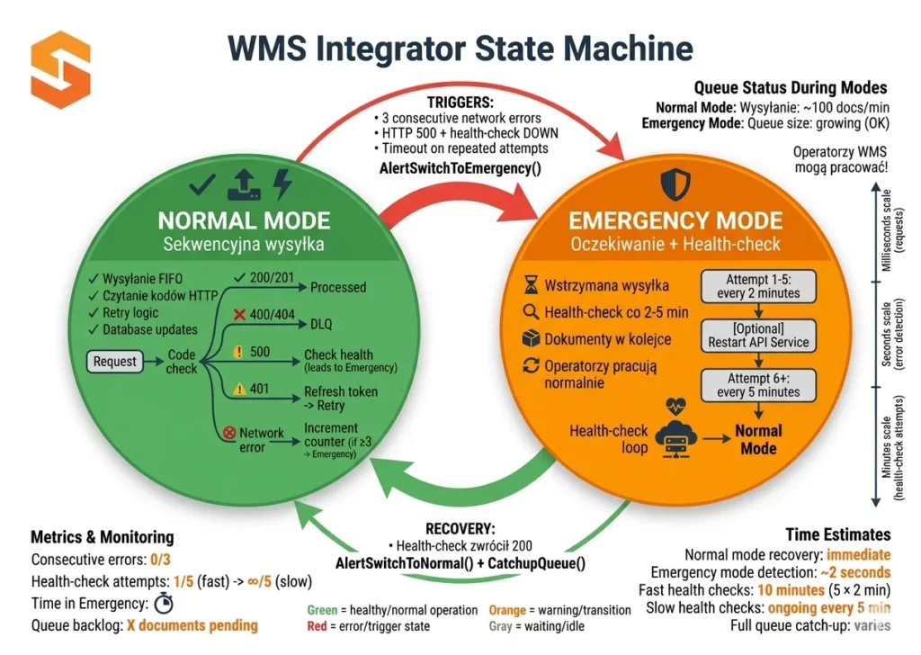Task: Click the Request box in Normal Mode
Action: (x=115, y=362)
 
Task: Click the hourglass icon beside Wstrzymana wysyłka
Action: (x=530, y=286)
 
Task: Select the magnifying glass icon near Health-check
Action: (x=530, y=313)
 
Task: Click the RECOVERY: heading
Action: (x=460, y=528)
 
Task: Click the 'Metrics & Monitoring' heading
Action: (x=103, y=537)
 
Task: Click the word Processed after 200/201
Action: (x=338, y=287)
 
